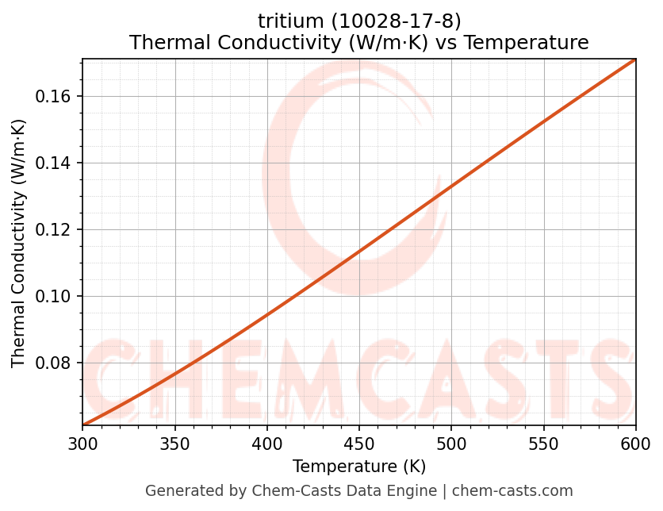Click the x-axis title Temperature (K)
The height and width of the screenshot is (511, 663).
359,467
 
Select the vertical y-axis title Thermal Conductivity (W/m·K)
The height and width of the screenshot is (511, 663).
19,243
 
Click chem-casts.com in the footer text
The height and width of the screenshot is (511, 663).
512,491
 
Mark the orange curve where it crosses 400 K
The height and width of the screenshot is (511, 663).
267,314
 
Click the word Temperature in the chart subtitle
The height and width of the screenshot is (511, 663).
527,43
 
